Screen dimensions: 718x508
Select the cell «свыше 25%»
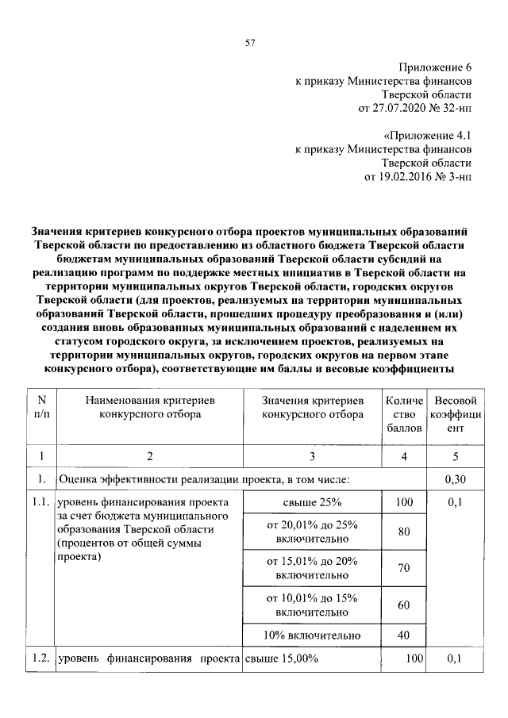click(x=312, y=502)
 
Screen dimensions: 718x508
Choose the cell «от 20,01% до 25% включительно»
click(x=312, y=532)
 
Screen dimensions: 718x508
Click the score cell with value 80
click(x=403, y=532)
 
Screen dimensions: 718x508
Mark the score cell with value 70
click(x=403, y=569)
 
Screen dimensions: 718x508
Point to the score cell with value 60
click(x=403, y=605)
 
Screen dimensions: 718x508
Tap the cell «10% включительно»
click(x=312, y=635)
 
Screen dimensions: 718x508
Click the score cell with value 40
click(x=403, y=635)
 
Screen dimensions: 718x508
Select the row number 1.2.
click(x=41, y=658)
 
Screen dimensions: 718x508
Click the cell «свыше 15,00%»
click(x=283, y=658)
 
